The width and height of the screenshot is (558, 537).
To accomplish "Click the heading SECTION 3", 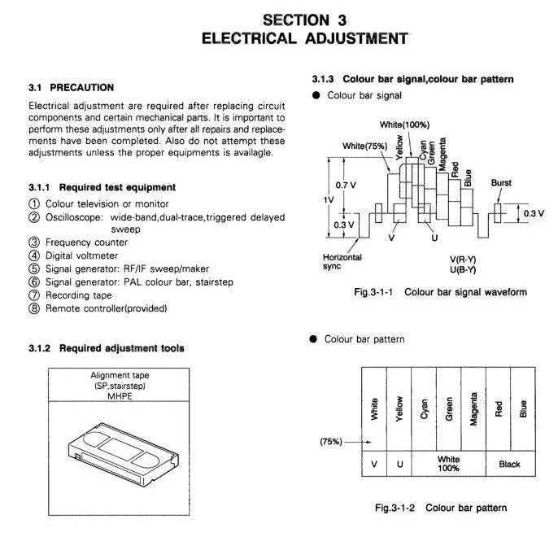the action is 304,20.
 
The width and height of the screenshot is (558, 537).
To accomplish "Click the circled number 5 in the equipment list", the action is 34,268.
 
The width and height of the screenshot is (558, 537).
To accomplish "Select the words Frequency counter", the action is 86,242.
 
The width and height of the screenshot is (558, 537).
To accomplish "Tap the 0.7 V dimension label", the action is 346,185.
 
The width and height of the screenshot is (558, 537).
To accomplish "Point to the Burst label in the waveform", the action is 501,182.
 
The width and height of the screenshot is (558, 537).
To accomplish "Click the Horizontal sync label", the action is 342,261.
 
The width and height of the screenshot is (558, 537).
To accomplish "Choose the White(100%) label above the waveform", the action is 404,125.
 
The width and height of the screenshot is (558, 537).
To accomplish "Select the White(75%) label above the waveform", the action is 364,146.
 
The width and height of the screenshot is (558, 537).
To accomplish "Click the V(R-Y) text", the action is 463,260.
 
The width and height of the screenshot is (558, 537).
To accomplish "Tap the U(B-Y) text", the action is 463,270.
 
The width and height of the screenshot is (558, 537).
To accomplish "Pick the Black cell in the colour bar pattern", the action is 511,464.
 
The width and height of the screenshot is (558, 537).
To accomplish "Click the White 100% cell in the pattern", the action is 448,464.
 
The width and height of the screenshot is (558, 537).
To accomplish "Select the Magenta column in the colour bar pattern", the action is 473,409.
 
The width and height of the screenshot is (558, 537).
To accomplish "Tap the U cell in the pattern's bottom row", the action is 399,464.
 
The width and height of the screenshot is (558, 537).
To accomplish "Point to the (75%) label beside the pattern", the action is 331,442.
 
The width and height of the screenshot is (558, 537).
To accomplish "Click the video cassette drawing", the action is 123,455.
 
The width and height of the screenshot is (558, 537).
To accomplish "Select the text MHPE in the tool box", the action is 120,396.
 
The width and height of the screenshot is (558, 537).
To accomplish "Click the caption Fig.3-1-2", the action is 395,508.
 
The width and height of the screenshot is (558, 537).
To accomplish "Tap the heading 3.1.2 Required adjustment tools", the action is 107,348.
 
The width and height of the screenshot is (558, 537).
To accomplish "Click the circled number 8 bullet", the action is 34,308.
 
